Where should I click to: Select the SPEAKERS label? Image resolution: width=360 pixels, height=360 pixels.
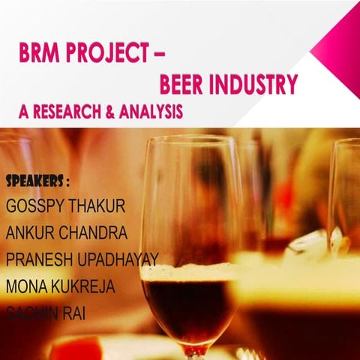coord(37,181)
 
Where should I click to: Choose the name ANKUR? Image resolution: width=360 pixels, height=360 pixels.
coord(30,232)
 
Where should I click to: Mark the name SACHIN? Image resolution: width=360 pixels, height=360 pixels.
coord(33,313)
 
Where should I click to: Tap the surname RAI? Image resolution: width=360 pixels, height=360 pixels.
coord(75,313)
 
